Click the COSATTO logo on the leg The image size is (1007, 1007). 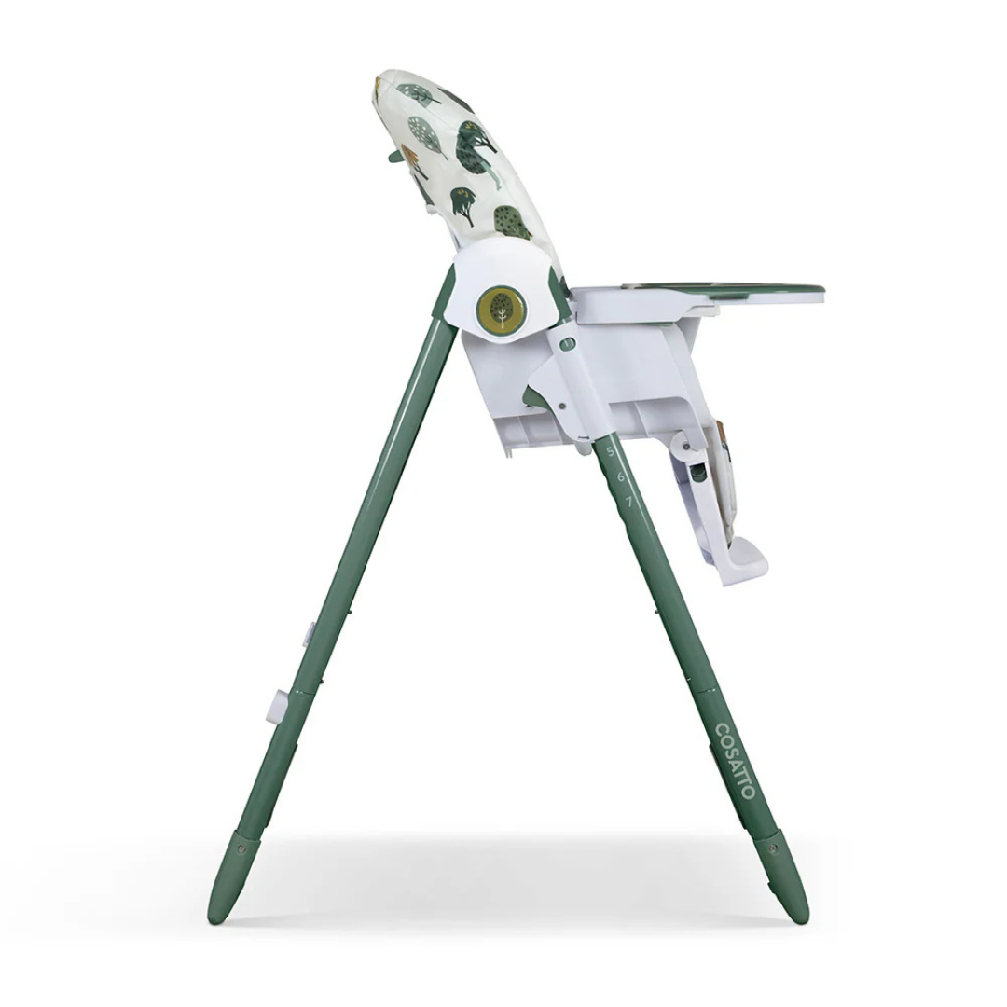point(735,760)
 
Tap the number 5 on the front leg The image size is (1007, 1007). point(611,451)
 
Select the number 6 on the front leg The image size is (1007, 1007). point(619,476)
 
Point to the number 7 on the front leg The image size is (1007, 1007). point(628,502)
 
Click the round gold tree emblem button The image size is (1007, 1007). point(501,309)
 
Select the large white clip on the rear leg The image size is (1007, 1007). point(274,706)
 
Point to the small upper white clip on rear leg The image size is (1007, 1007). point(307,634)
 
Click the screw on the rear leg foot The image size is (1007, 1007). point(242,848)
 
